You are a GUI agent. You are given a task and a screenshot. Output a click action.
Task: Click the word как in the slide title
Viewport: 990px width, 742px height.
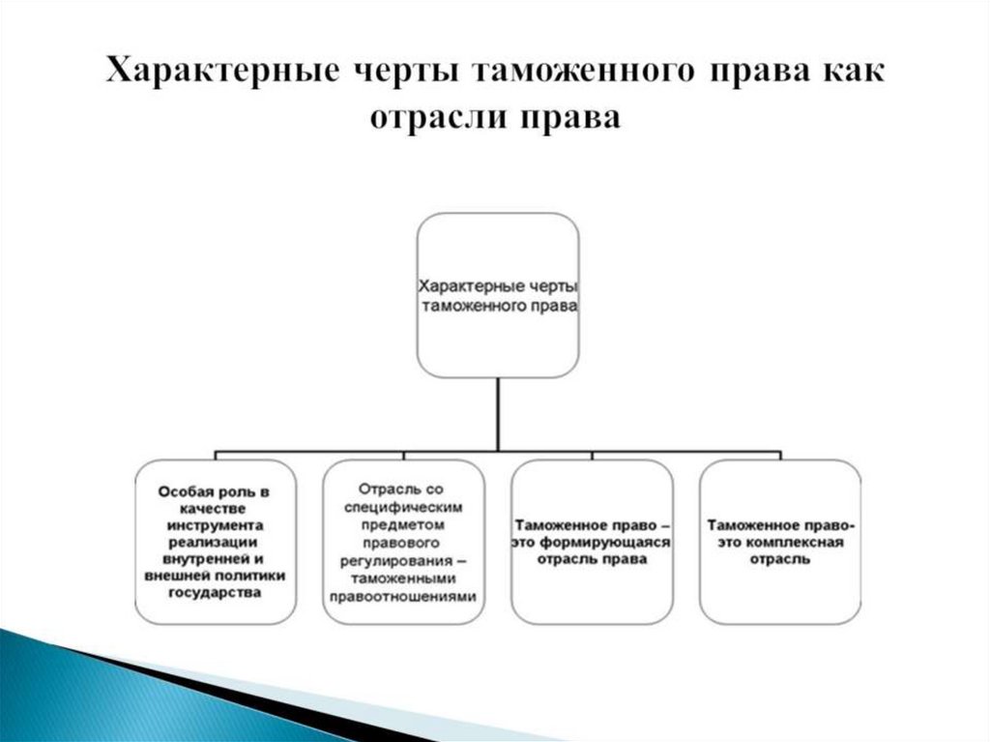pos(850,74)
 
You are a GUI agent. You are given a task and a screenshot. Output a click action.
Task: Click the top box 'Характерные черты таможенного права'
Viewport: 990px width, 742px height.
pos(498,295)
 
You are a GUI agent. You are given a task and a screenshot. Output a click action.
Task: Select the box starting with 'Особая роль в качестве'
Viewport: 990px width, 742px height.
pos(215,541)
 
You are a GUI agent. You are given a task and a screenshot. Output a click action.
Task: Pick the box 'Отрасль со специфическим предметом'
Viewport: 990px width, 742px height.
pos(403,541)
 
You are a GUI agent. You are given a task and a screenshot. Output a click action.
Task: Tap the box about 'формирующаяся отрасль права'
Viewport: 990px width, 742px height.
pos(592,541)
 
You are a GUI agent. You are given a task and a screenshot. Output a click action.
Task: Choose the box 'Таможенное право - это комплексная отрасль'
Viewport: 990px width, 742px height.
pos(779,541)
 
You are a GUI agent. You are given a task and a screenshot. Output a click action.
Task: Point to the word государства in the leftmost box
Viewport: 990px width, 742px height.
pos(215,592)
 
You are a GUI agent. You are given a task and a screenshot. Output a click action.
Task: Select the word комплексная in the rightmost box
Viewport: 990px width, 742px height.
pos(801,543)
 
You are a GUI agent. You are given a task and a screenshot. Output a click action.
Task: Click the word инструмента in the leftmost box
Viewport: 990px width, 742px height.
pos(215,524)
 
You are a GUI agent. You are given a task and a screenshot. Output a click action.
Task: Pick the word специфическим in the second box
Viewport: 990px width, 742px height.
pos(403,507)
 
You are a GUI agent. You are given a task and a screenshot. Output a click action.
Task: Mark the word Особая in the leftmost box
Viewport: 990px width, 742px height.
pos(185,491)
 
